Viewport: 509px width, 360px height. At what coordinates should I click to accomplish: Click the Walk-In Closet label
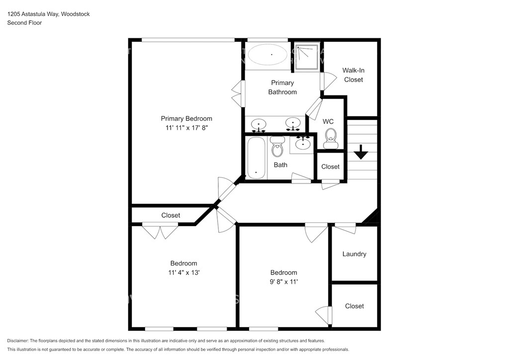(353, 75)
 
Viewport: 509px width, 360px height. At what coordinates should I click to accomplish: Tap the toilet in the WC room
(331, 139)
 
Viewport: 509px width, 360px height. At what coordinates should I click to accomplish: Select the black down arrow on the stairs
(361, 152)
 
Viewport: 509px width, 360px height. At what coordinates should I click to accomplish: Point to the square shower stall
(306, 57)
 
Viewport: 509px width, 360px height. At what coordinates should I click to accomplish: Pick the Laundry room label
(354, 254)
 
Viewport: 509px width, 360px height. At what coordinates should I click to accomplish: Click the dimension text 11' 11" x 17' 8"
(186, 128)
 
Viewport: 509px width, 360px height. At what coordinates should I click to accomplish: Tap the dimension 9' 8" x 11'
(284, 282)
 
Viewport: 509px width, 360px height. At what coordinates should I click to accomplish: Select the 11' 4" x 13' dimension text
(184, 272)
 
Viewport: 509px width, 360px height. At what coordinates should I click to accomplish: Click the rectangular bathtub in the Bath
(256, 158)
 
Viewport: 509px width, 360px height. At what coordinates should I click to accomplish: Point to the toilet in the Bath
(277, 146)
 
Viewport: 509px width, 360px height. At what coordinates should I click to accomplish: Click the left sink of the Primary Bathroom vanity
(258, 125)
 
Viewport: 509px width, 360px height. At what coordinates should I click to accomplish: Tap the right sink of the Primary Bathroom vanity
(293, 124)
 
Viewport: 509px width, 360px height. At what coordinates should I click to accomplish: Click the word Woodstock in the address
(76, 14)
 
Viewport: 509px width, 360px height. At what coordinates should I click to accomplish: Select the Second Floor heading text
(24, 23)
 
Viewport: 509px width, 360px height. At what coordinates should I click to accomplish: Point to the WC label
(328, 121)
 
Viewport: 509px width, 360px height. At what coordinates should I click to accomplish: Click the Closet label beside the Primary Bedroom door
(170, 215)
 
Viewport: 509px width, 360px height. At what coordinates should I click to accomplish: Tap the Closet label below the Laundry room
(354, 306)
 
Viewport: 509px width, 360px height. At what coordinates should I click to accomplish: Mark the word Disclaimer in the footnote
(18, 341)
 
